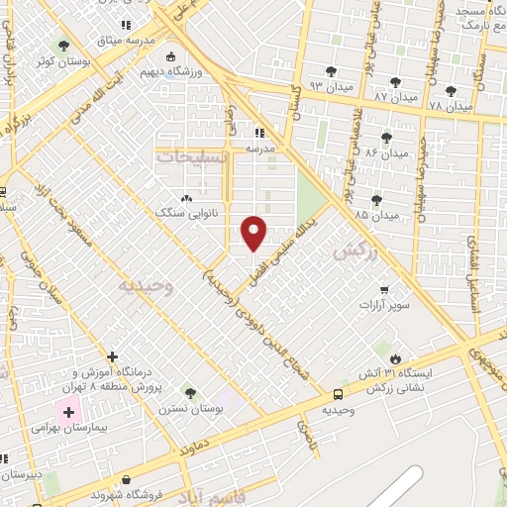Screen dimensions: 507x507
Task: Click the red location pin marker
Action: [x=254, y=233]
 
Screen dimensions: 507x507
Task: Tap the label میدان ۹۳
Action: [x=332, y=87]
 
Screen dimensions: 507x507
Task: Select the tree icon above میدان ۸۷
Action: [x=396, y=83]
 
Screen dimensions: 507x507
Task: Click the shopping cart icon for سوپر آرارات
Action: [x=383, y=290]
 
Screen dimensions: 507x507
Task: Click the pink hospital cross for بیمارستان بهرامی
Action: [x=68, y=411]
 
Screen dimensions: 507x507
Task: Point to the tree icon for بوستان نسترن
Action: [x=189, y=393]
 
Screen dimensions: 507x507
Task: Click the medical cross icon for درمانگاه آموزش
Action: [x=112, y=356]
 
